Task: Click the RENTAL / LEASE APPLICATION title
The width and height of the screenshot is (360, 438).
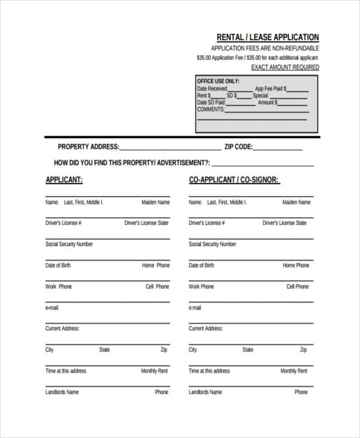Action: [x=268, y=37]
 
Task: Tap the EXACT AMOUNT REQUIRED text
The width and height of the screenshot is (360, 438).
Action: [x=285, y=67]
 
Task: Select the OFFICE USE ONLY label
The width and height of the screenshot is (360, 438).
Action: [x=218, y=81]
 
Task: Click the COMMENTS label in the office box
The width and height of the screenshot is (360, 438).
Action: [x=211, y=109]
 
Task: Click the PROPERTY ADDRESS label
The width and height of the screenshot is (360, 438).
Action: [x=88, y=146]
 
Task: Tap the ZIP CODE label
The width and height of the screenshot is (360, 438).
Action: [x=238, y=146]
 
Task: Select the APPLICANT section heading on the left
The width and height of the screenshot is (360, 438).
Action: [x=64, y=179]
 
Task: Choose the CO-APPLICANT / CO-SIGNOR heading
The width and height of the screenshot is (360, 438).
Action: [x=234, y=179]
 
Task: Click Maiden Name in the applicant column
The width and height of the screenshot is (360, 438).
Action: [x=155, y=202]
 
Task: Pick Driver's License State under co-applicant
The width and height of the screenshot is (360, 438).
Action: [x=284, y=223]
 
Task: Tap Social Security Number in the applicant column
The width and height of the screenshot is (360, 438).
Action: [x=69, y=244]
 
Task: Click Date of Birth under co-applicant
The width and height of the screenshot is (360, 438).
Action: [x=201, y=265]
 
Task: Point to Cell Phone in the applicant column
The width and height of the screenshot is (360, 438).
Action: [x=157, y=286]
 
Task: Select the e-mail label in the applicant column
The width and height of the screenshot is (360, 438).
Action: [x=52, y=308]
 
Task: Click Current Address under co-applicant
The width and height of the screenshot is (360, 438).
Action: [x=205, y=329]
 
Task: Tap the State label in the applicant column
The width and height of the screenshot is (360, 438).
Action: [x=104, y=350]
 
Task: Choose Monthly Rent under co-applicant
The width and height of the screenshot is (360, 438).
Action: [x=293, y=371]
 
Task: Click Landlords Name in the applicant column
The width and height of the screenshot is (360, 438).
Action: [x=62, y=392]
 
